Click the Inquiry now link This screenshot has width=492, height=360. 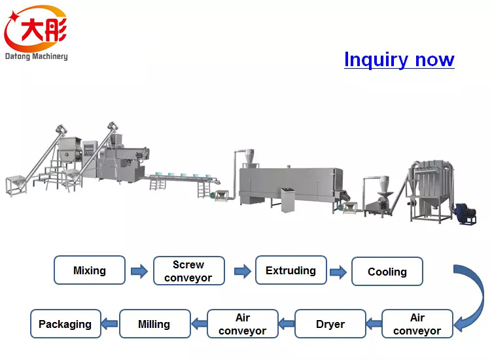pos(399,60)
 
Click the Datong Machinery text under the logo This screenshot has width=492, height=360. pos(36,56)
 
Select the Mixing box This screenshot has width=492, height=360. pos(89,270)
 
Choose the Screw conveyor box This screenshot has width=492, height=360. pos(188,271)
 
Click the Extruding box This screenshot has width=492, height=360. pos(290,270)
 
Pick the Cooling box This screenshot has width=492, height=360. pos(387,272)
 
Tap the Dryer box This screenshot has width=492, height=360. pos(330,324)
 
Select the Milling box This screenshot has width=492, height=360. pos(154,324)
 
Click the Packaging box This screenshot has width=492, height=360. pos(65,324)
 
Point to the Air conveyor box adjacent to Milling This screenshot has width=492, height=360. pos(242,324)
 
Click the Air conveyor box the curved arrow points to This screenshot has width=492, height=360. pos(417,324)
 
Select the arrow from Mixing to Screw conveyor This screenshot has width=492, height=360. pos(139,271)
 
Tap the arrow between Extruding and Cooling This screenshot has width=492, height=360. pos(338,271)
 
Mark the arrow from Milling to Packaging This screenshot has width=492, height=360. pos(110,324)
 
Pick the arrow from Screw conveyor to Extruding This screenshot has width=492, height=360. pos(242,271)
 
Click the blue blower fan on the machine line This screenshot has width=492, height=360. pos(465,213)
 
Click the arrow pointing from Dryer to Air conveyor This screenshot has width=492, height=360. pos(286,324)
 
